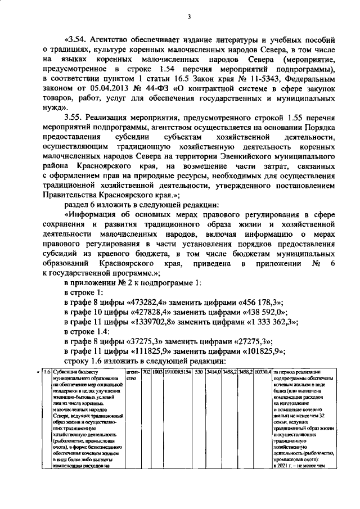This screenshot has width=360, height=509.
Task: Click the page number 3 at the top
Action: click(x=190, y=17)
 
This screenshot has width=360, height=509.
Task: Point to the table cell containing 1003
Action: click(x=156, y=372)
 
